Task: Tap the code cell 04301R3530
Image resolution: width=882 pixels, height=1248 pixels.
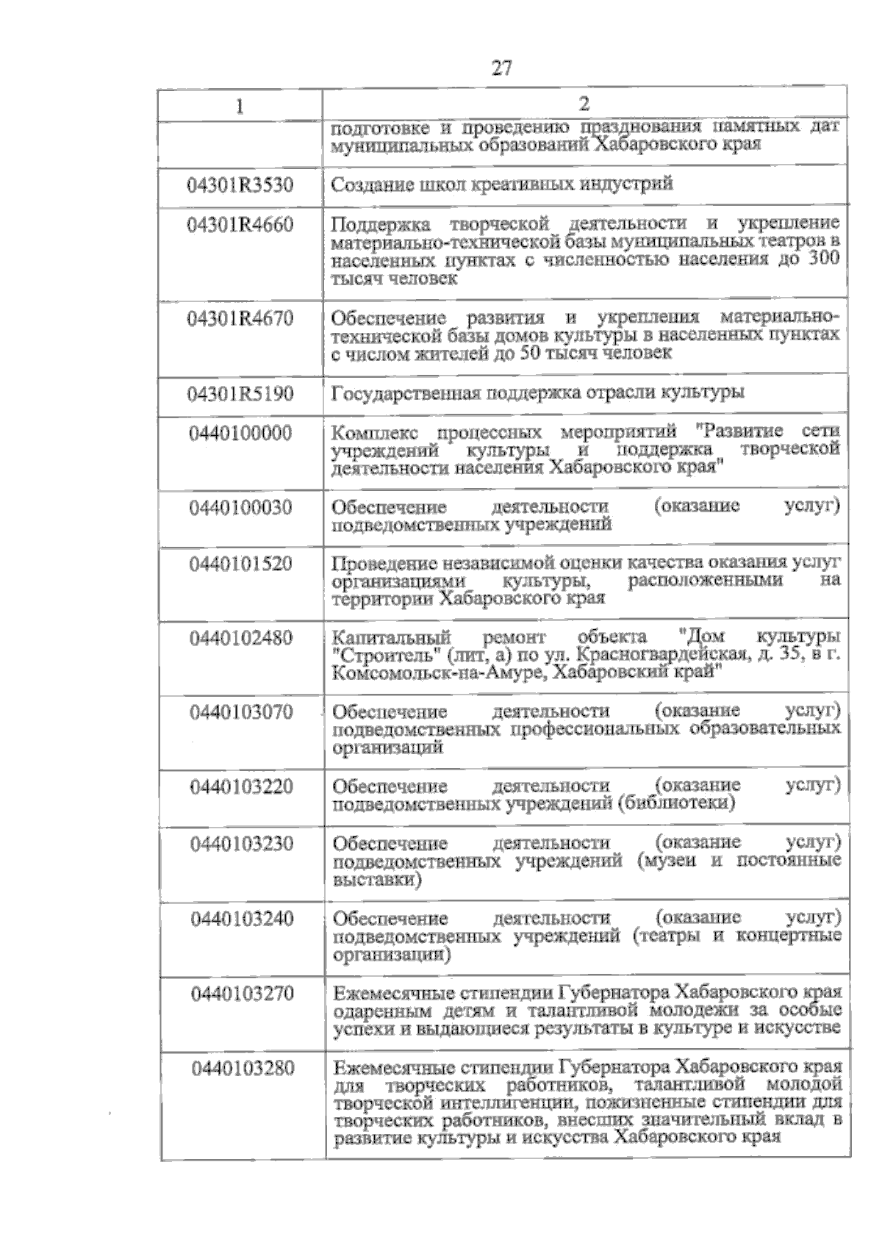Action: click(x=240, y=184)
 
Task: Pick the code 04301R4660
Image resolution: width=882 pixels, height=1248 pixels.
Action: click(x=240, y=225)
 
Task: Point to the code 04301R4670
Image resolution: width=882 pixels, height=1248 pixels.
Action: click(x=240, y=319)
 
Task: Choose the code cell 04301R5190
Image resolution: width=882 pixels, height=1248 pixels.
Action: click(x=240, y=395)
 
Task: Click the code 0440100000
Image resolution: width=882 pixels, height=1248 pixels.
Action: click(x=240, y=433)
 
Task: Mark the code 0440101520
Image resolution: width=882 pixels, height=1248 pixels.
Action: click(x=240, y=564)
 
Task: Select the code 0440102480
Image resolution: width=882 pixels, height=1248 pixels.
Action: click(x=240, y=638)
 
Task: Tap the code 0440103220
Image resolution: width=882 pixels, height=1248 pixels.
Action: click(x=242, y=787)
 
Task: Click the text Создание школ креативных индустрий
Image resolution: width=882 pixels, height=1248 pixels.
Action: click(x=501, y=184)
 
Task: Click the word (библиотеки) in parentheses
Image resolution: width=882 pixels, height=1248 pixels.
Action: click(x=677, y=803)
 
